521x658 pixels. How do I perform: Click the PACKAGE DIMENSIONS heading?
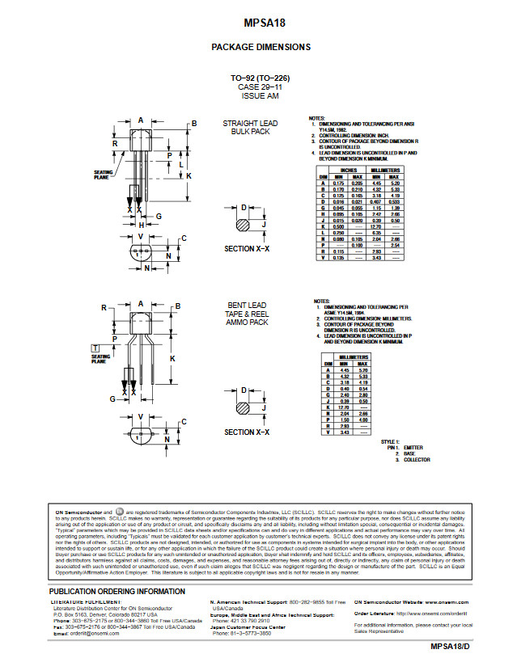click(x=260, y=47)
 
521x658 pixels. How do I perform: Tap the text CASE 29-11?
click(x=260, y=86)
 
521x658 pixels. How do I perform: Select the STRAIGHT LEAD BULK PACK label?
click(x=250, y=128)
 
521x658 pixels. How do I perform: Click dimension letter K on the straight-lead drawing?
click(x=188, y=175)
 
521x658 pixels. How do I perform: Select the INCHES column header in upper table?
click(x=349, y=171)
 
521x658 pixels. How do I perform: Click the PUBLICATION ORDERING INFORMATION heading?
click(x=117, y=592)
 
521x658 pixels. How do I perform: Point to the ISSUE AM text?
click(x=260, y=95)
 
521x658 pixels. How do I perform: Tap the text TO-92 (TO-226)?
click(x=260, y=78)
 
